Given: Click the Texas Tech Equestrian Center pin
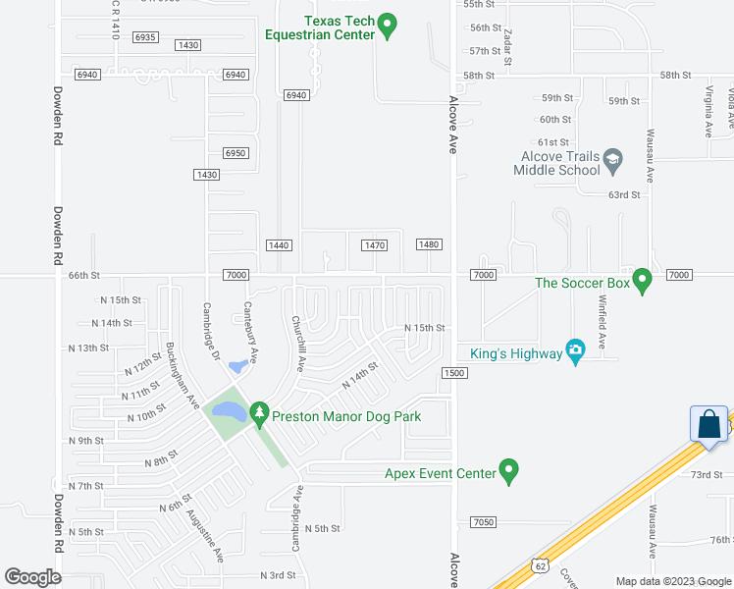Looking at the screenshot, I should click(388, 25).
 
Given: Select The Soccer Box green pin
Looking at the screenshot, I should click(643, 281).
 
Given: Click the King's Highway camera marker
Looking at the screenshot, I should click(576, 350).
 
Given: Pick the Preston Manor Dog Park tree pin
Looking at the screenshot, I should click(259, 414).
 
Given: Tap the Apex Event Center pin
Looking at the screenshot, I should click(508, 471).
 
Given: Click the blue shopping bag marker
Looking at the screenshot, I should click(708, 425).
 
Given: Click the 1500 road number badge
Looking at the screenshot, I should click(453, 373).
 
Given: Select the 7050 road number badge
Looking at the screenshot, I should click(483, 521).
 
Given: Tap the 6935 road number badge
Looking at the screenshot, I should click(145, 37).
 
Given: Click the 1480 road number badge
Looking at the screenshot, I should click(429, 244).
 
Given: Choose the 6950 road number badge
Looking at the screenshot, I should click(235, 153).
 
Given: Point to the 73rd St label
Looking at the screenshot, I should click(706, 474).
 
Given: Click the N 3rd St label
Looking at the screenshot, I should click(278, 575).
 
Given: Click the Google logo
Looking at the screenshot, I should click(33, 576).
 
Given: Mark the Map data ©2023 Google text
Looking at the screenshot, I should click(672, 581).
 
